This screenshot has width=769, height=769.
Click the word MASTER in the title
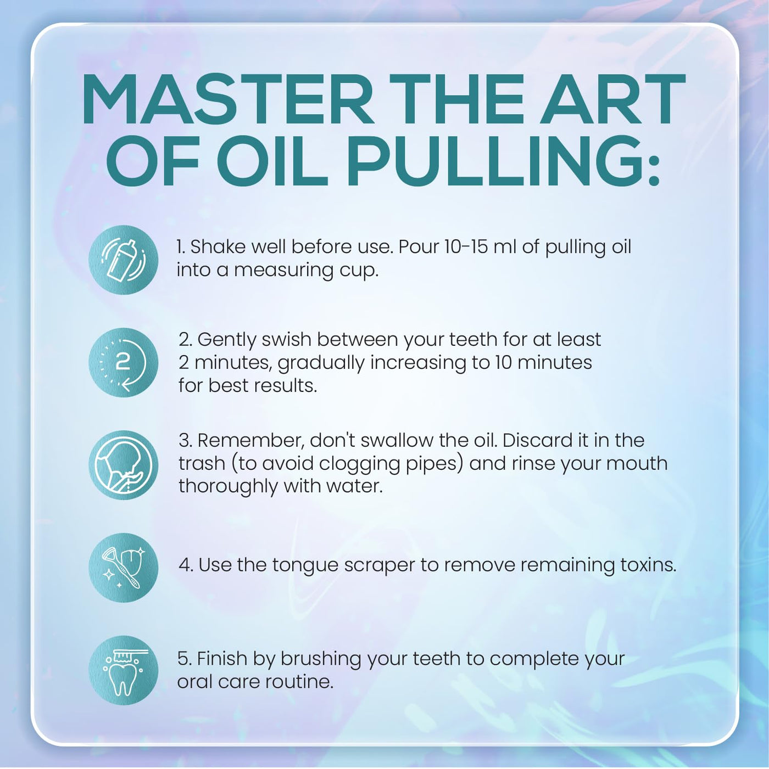(228, 99)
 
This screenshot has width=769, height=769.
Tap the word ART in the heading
(613, 99)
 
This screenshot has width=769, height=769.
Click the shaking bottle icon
(123, 260)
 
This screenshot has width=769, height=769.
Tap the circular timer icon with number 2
(123, 363)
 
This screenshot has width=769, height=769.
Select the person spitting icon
(123, 465)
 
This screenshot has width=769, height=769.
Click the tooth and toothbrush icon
(123, 670)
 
